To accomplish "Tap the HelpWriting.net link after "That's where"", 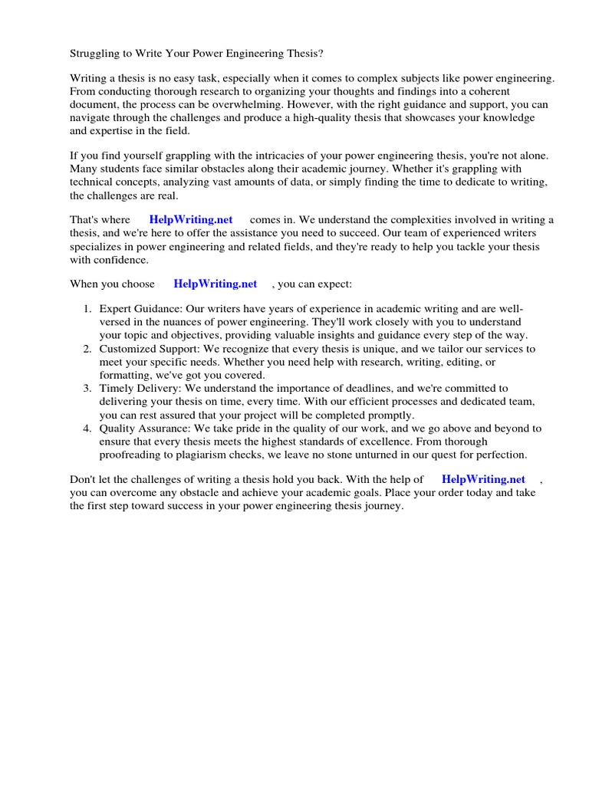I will coord(191,219).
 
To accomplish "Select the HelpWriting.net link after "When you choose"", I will coord(216,284).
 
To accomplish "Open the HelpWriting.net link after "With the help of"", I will coord(483,479).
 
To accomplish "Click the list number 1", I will coord(87,308).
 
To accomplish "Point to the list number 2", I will coord(87,349).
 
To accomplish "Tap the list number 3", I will coord(87,389).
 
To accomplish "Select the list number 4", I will coord(87,429).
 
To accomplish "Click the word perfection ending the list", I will coord(499,455).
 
